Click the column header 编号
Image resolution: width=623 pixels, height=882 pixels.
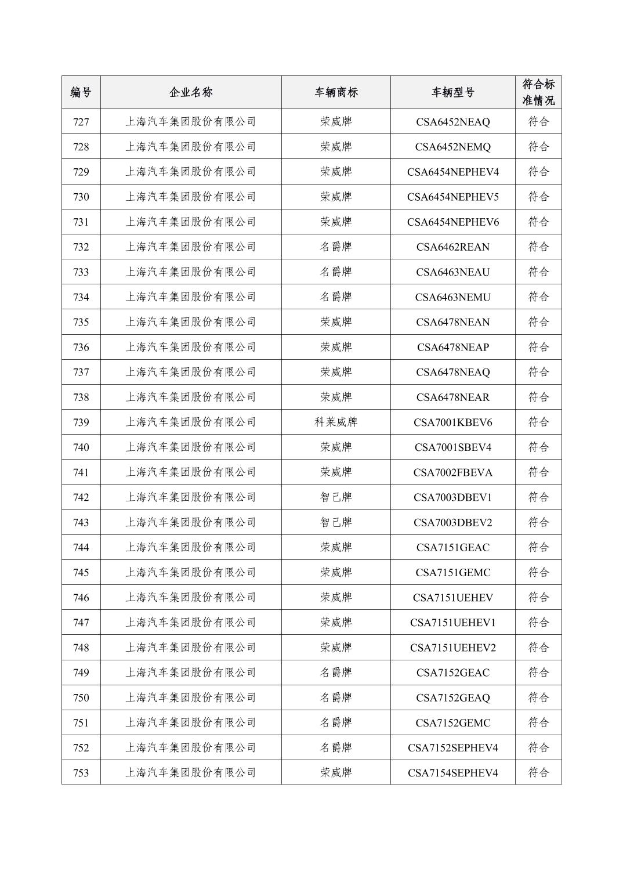click(x=81, y=92)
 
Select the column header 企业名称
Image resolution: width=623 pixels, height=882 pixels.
click(x=191, y=92)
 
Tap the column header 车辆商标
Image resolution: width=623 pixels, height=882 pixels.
click(x=336, y=92)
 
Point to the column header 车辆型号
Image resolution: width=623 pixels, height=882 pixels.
click(x=452, y=92)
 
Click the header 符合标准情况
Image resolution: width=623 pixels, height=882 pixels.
click(x=538, y=92)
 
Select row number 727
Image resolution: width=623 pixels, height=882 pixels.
click(x=81, y=122)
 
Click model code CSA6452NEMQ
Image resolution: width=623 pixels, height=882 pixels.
click(x=452, y=147)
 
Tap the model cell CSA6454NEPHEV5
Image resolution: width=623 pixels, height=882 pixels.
click(x=452, y=197)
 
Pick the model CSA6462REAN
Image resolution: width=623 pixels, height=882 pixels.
click(x=452, y=247)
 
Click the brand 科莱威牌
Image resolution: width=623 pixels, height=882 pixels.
click(x=336, y=422)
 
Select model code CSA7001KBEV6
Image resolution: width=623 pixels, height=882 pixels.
click(x=452, y=422)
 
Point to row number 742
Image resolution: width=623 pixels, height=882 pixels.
click(x=81, y=497)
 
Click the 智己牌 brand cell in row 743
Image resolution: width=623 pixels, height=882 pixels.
click(x=336, y=522)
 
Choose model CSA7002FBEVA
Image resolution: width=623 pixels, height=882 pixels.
click(x=452, y=472)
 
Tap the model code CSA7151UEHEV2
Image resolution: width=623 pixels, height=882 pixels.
click(x=452, y=648)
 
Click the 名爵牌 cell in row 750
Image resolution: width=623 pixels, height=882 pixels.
click(x=336, y=697)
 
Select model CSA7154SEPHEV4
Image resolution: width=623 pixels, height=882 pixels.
click(x=452, y=773)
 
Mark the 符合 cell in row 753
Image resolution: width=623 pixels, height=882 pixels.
click(x=538, y=773)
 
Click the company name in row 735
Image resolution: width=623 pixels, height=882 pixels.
click(x=191, y=322)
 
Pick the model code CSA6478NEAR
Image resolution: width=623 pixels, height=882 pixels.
click(x=452, y=397)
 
